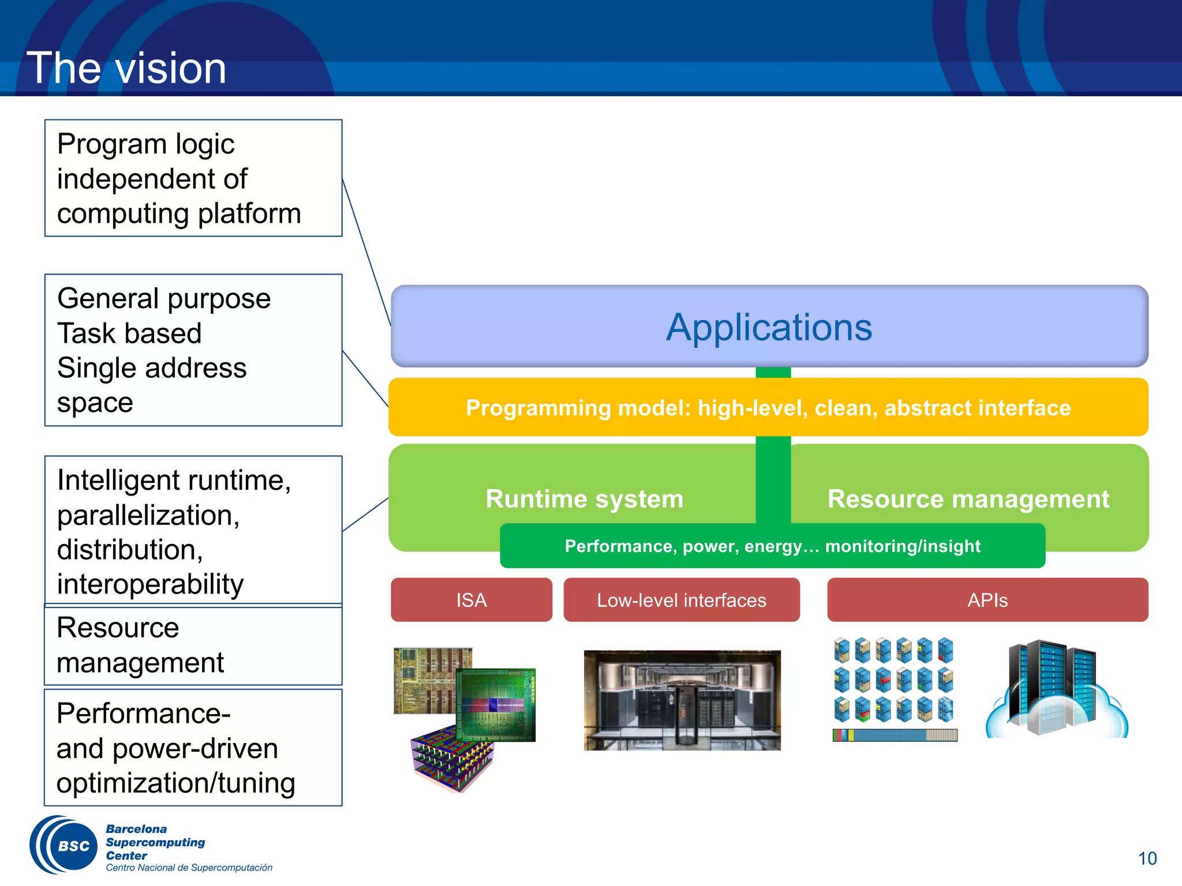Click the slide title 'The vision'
coord(126,68)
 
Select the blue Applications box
coord(769,326)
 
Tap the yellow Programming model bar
coord(768,408)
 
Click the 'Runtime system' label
coord(584,499)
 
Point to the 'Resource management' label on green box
coord(968,499)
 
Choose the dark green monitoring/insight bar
coord(772,546)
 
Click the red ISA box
coord(471,600)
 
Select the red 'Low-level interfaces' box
coord(681,600)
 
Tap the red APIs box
coord(987,600)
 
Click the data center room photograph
coord(682,700)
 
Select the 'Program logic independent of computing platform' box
coord(193,178)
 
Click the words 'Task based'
coord(129,333)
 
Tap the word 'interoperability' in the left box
coord(150,584)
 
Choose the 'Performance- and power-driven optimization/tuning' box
coord(193,748)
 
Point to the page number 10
coord(1147,858)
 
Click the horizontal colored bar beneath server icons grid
coord(895,735)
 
